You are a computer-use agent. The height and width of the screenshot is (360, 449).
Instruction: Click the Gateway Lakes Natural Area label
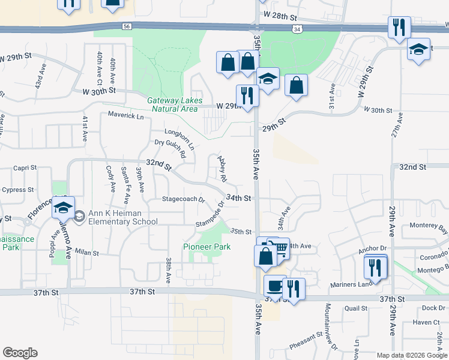pyautogui.click(x=175, y=104)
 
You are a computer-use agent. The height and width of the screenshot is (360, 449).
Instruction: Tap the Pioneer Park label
pyautogui.click(x=206, y=247)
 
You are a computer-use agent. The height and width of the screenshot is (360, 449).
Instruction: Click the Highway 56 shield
pyautogui.click(x=125, y=26)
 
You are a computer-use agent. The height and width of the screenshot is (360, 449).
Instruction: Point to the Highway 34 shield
pyautogui.click(x=298, y=28)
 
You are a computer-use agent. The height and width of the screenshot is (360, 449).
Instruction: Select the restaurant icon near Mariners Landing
pyautogui.click(x=376, y=266)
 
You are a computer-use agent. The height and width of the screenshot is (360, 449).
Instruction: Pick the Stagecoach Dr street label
pyautogui.click(x=184, y=199)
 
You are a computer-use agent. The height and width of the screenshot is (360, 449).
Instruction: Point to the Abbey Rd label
pyautogui.click(x=222, y=169)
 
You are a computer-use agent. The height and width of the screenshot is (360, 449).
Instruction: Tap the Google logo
pyautogui.click(x=20, y=352)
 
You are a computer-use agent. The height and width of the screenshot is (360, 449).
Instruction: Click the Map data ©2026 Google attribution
pyautogui.click(x=412, y=355)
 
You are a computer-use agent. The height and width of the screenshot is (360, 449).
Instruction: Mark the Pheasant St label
pyautogui.click(x=306, y=346)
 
